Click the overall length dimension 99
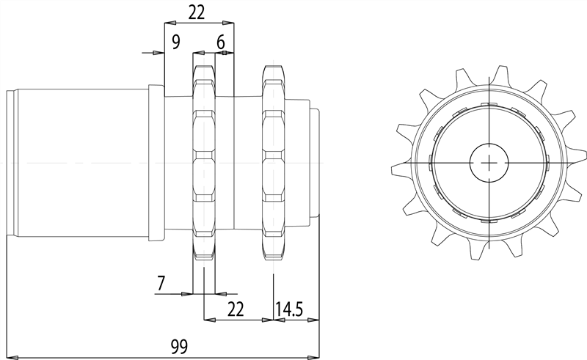click(x=178, y=347)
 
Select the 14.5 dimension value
click(x=289, y=309)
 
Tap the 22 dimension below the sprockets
click(x=236, y=309)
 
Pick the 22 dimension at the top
click(x=197, y=12)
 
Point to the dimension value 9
click(x=175, y=42)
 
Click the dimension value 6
click(x=220, y=42)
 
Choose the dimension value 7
click(x=162, y=282)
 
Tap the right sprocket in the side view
click(x=273, y=161)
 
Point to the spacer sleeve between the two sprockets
click(x=238, y=161)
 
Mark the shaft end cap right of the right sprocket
click(x=314, y=161)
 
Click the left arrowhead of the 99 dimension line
click(x=10, y=358)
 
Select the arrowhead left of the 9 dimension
click(x=158, y=53)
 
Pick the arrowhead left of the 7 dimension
click(x=186, y=293)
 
